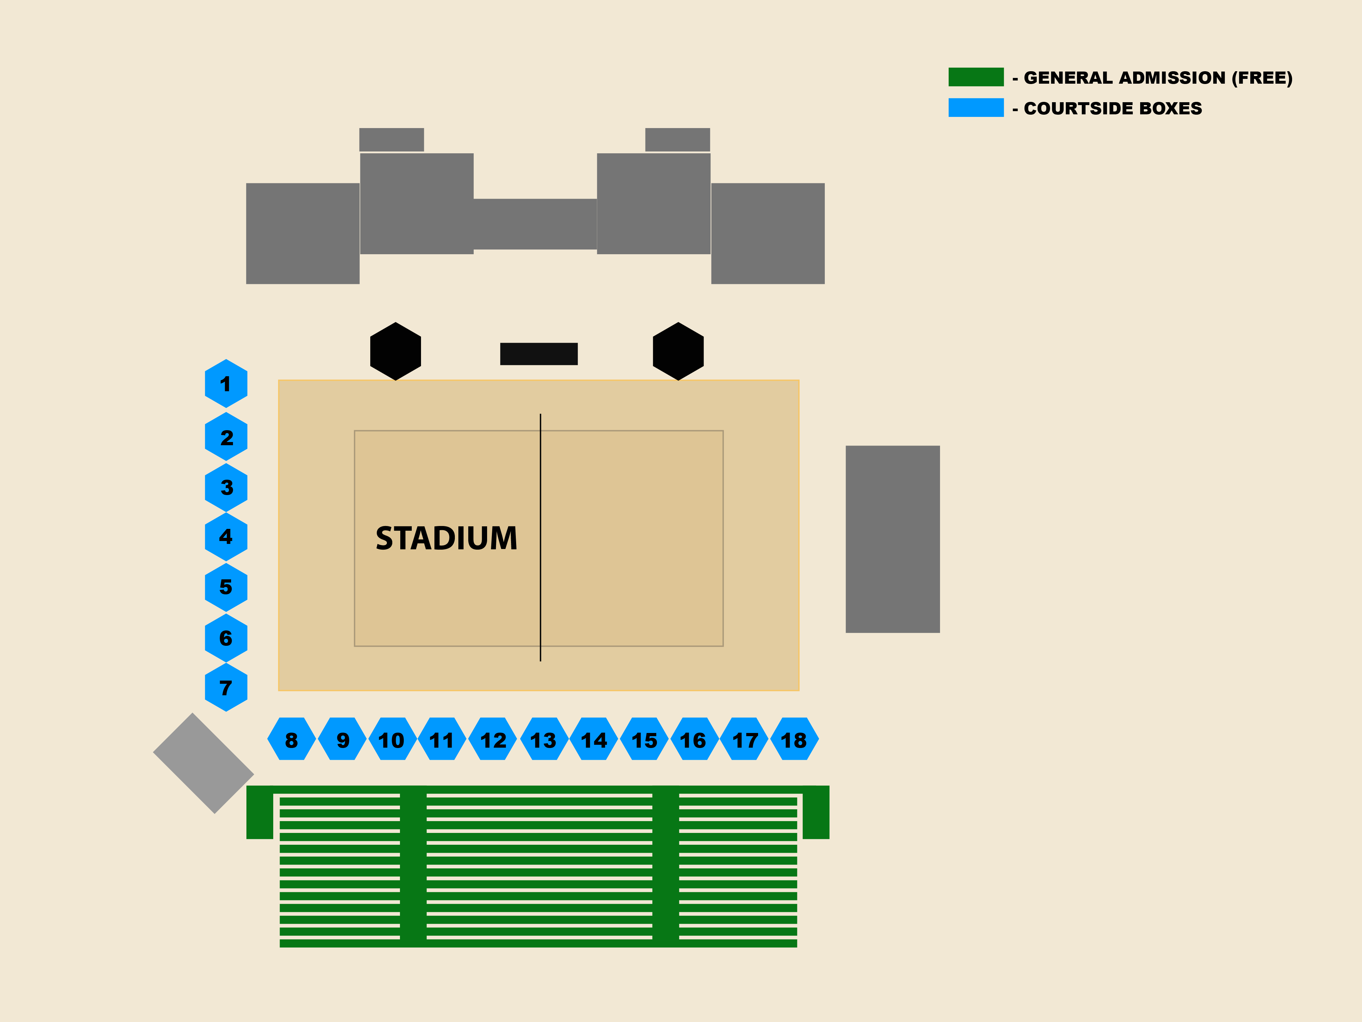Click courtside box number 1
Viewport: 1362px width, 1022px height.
click(226, 384)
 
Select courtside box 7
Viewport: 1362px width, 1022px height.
click(226, 688)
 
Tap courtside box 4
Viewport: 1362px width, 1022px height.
click(226, 537)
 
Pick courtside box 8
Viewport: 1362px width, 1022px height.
click(291, 739)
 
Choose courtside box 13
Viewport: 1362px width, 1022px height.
click(543, 739)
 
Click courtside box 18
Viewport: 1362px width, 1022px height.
click(794, 739)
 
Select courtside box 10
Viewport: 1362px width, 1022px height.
click(392, 739)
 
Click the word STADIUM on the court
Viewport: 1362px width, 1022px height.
click(447, 538)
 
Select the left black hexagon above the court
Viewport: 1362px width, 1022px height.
click(395, 351)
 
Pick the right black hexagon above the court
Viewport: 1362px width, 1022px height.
click(678, 351)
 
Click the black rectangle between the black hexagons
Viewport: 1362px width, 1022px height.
click(539, 354)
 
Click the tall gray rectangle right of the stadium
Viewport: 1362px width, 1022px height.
click(892, 539)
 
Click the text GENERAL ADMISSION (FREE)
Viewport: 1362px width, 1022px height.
click(1158, 78)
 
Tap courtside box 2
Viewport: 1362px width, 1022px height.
click(226, 437)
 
